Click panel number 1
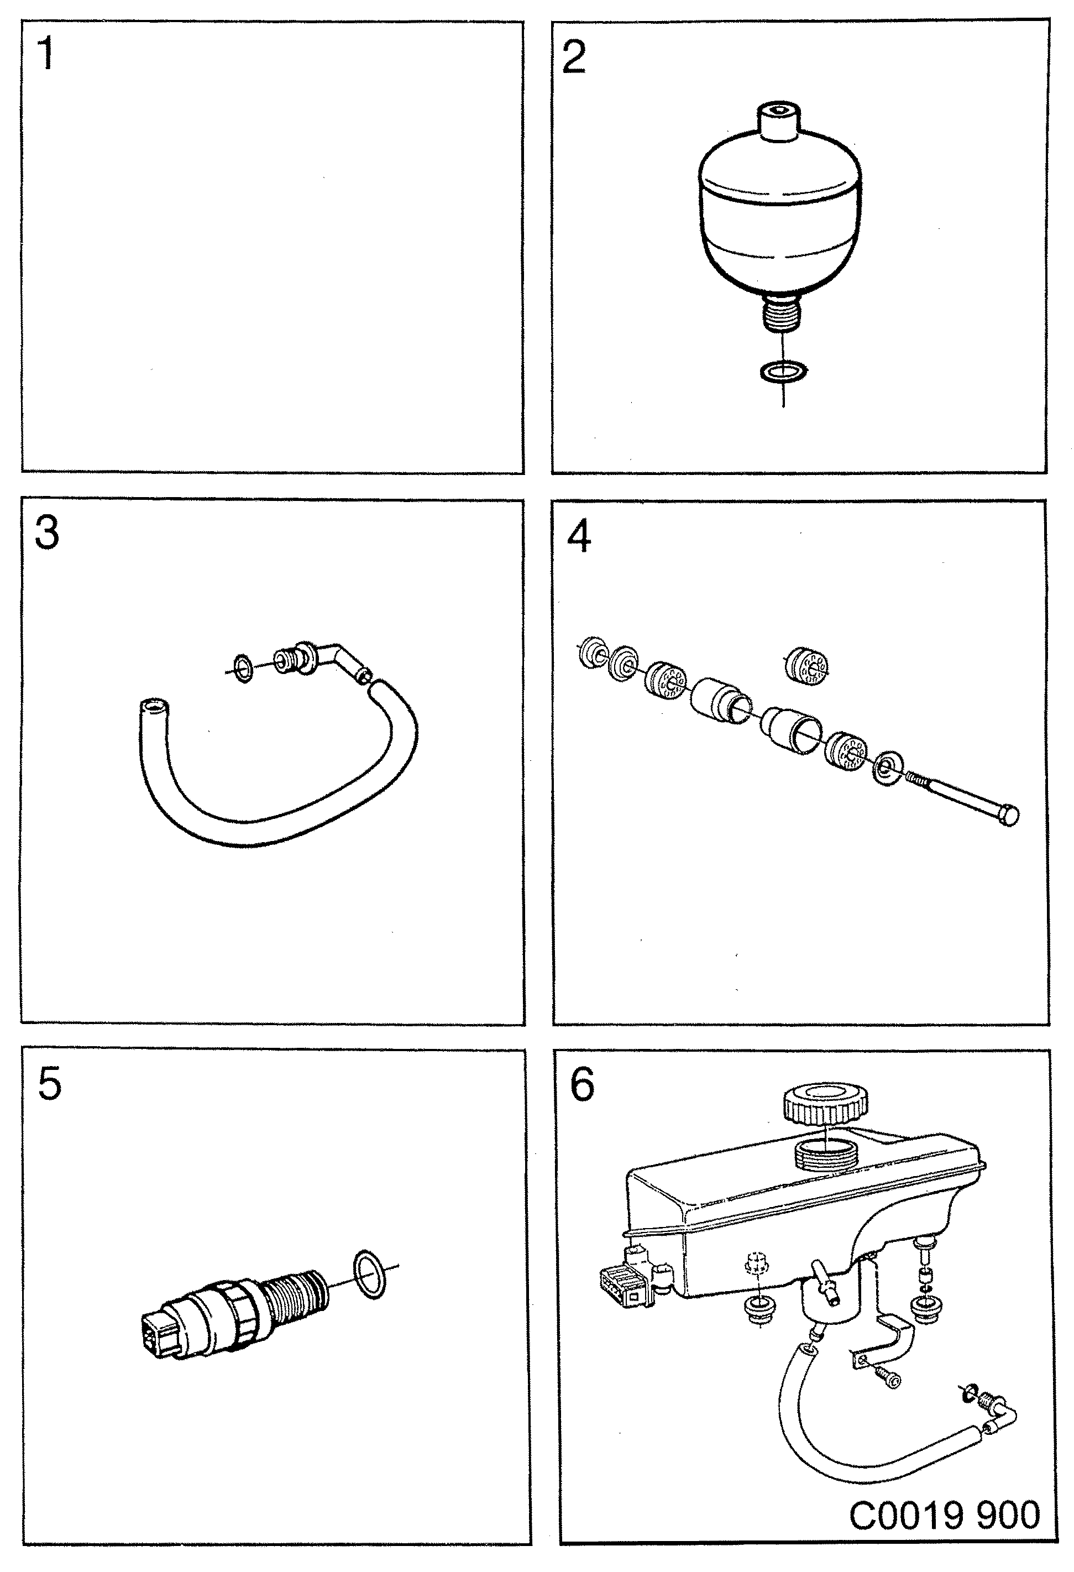point(45,54)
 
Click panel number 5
point(49,1084)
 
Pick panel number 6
point(581,1084)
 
